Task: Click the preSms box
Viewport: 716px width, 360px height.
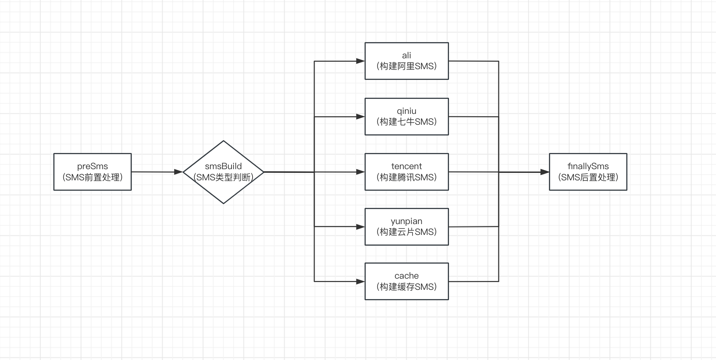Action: point(92,172)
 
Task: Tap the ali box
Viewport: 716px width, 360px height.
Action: point(406,61)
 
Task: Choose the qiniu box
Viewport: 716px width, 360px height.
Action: point(406,117)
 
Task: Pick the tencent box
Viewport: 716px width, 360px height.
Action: point(406,172)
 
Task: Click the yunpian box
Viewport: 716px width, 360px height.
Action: point(406,227)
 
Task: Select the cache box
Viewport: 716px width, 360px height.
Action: point(406,281)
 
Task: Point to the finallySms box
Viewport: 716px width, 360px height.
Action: point(588,172)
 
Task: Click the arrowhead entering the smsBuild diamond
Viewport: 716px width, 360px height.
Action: point(178,172)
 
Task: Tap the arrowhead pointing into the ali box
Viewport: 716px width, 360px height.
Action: point(360,61)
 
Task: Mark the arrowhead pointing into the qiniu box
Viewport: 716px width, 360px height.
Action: point(360,117)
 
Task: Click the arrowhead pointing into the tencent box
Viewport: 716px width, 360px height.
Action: point(360,172)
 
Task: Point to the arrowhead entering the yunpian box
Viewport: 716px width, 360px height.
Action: point(360,227)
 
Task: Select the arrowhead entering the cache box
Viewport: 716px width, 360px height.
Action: point(360,281)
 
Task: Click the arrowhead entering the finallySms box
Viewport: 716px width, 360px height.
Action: point(544,172)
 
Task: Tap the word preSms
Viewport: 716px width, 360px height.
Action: point(92,166)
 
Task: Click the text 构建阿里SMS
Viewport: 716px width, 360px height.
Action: point(406,66)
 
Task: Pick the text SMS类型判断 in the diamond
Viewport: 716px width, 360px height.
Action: point(223,177)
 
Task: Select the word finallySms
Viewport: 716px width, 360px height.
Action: point(588,166)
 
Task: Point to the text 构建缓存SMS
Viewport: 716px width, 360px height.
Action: point(406,287)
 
